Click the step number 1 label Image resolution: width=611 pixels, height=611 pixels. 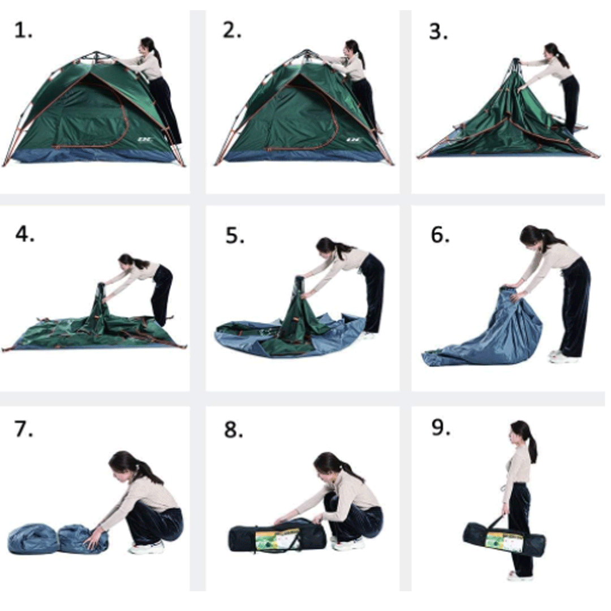coord(23,31)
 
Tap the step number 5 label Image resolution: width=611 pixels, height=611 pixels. coord(235,236)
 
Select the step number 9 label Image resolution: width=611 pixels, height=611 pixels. coord(441,428)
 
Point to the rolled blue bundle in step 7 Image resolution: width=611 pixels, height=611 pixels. coord(57,539)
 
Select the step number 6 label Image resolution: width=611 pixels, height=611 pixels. coord(441,234)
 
